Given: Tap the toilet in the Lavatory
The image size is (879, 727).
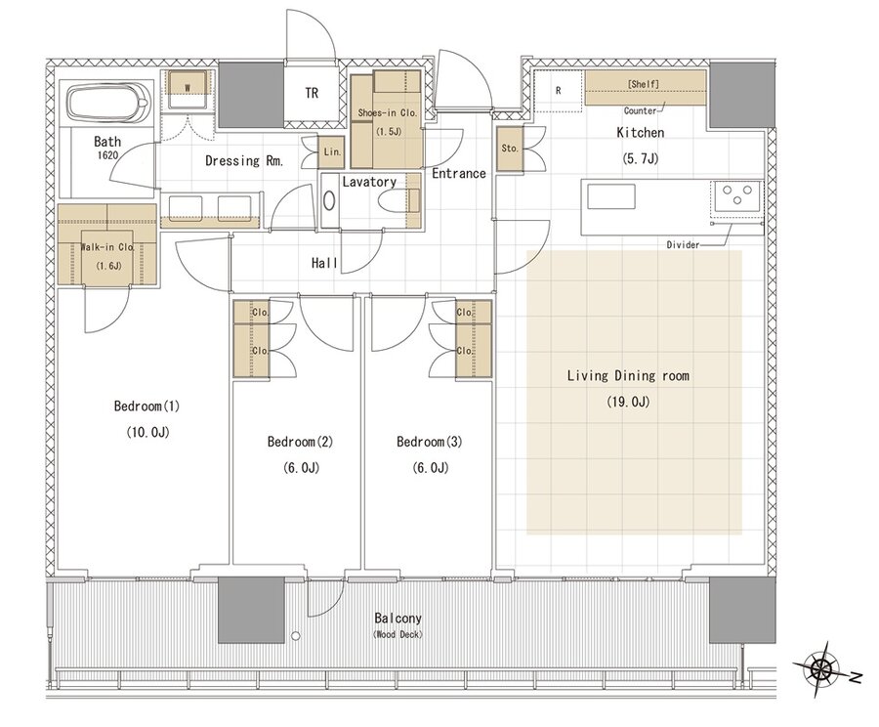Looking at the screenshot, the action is [398, 201].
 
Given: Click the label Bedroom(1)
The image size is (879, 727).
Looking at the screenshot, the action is [146, 406].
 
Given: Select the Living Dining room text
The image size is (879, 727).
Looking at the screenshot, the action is [628, 375].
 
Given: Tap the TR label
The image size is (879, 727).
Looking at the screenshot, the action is [312, 93].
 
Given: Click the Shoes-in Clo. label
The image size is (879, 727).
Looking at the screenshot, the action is [388, 112].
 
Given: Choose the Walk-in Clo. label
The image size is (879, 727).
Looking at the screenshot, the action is [107, 247].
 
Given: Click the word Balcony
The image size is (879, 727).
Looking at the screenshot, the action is [398, 619].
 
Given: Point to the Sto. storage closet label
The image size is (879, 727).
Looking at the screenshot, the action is [510, 149].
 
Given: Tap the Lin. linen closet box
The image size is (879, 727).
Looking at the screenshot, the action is [332, 151].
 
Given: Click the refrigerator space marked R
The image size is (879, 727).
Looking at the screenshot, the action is [559, 91].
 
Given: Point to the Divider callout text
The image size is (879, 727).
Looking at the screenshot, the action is [683, 245].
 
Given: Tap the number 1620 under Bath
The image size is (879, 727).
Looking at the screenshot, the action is [107, 154].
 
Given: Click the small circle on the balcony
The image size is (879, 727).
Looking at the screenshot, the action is [295, 636].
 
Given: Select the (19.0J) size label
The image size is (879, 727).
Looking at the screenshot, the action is [628, 402].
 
